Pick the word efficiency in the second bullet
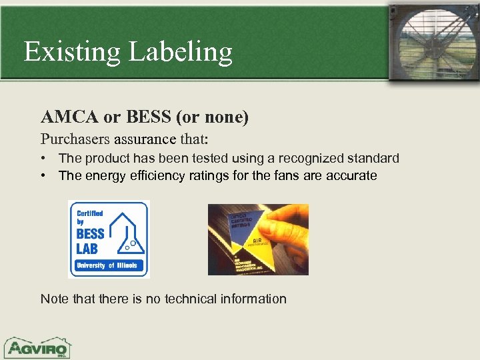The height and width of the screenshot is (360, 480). coord(153,176)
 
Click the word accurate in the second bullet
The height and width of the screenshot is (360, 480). coord(351,176)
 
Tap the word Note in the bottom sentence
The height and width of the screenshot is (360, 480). coord(54,299)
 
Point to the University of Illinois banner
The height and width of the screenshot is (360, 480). coord(108,265)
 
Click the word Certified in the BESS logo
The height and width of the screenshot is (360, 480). coord(90,213)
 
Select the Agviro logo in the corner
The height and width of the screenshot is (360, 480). coord(37,347)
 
